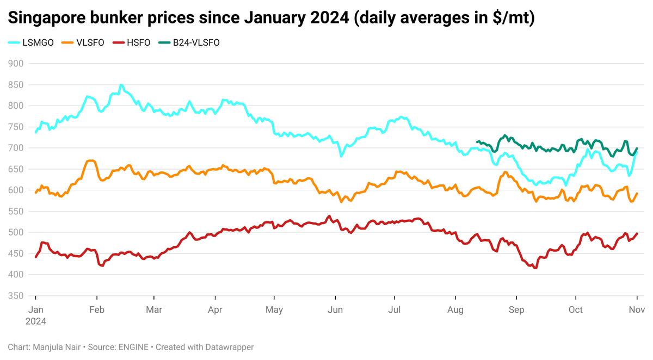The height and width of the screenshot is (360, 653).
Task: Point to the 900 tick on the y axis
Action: pyautogui.click(x=16, y=64)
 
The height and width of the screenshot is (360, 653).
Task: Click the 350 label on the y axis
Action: pyautogui.click(x=16, y=296)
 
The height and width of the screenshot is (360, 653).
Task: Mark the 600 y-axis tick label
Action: pyautogui.click(x=16, y=190)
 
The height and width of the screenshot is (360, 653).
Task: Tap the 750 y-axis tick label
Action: pyautogui.click(x=16, y=127)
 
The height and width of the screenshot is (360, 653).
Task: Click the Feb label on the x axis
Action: pyautogui.click(x=96, y=310)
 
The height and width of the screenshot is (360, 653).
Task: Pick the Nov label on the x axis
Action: pyautogui.click(x=637, y=310)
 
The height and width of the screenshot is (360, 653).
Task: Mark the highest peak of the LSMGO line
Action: pyautogui.click(x=121, y=85)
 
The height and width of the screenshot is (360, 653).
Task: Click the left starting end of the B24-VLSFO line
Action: pyautogui.click(x=477, y=142)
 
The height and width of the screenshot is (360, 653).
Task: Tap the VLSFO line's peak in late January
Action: pyautogui.click(x=91, y=160)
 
